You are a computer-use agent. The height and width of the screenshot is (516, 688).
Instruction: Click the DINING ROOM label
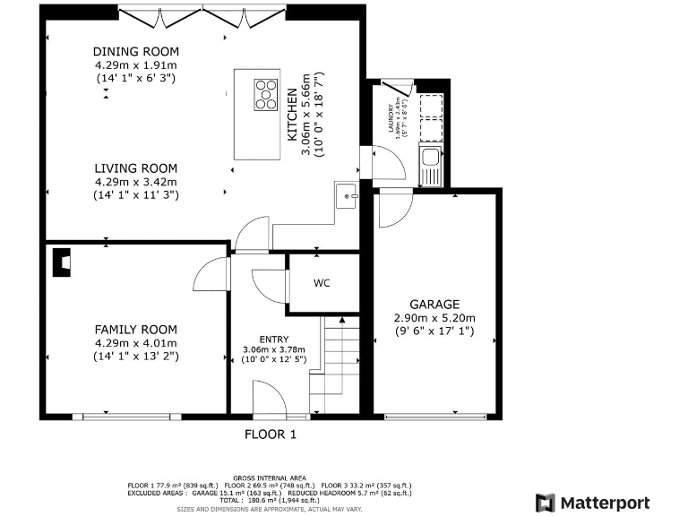[136, 51]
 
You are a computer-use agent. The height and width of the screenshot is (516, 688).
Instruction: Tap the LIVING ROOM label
[136, 168]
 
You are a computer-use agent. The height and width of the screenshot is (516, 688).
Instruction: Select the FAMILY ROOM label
[136, 329]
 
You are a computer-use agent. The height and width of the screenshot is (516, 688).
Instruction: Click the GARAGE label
[434, 304]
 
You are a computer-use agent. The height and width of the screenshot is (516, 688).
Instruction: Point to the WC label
[322, 283]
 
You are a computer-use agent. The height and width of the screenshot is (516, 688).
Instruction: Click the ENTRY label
[274, 337]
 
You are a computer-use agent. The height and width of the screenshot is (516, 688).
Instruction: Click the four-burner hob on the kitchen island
[266, 94]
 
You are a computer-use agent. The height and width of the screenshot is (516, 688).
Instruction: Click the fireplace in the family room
[62, 261]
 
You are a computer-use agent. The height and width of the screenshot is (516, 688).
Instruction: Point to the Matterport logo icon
[545, 503]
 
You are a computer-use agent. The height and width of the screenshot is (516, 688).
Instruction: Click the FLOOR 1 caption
[270, 434]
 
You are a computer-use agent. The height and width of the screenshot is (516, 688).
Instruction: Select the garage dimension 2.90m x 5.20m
[434, 318]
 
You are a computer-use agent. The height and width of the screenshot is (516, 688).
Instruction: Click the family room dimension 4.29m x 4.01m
[136, 343]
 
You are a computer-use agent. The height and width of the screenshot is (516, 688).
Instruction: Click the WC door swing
[269, 287]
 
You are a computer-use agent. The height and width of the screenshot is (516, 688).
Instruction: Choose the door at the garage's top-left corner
[393, 209]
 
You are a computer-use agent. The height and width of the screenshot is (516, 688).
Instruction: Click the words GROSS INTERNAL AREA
[270, 478]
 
